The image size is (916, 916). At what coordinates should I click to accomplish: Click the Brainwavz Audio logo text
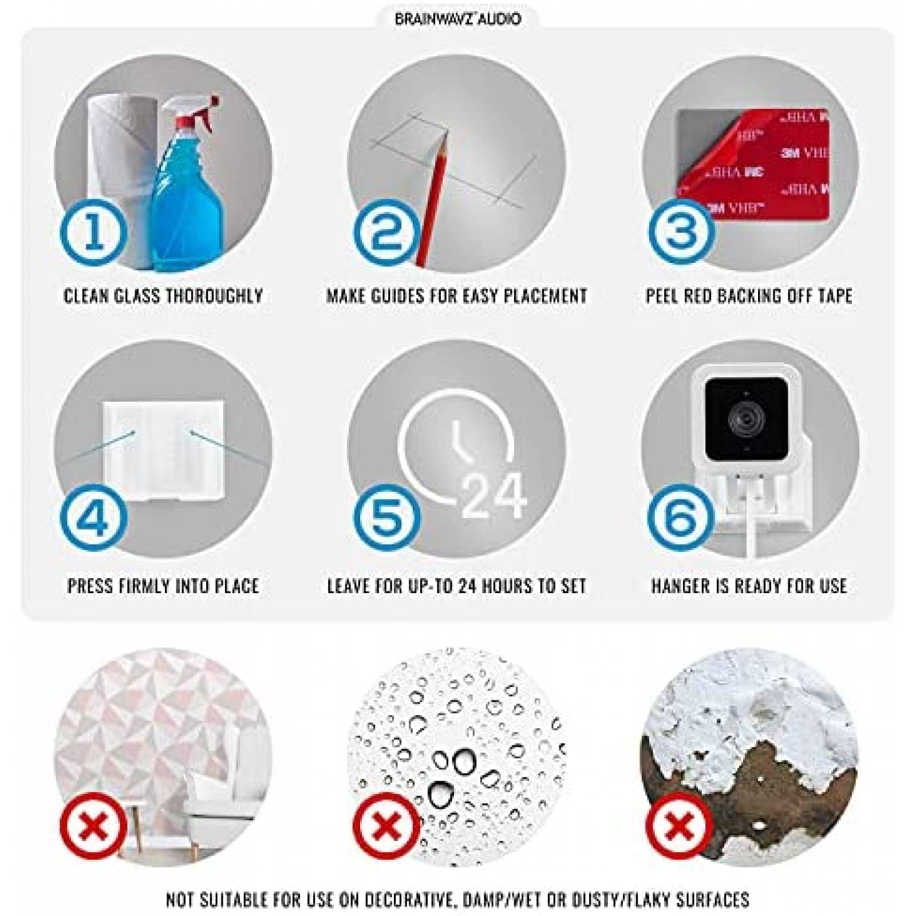click(x=458, y=19)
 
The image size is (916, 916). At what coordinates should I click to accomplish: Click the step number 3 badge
click(x=681, y=231)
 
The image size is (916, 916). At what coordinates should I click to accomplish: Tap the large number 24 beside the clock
click(x=494, y=496)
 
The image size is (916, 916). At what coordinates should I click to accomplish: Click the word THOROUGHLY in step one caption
click(x=214, y=296)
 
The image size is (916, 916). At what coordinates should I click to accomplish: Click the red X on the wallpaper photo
click(x=94, y=826)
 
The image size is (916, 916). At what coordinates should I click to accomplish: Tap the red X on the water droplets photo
click(x=387, y=826)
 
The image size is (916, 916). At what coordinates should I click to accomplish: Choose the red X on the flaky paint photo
click(x=679, y=826)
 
